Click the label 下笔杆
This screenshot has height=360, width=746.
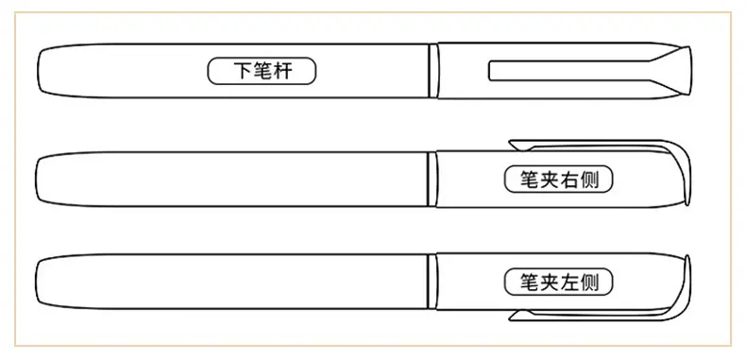click(262, 71)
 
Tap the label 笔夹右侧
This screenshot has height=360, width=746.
click(558, 180)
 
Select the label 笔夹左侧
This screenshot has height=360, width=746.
click(558, 283)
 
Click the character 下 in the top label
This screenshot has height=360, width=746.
click(242, 72)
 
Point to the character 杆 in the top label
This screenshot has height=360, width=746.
click(282, 72)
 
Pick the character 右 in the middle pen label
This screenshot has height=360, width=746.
click(569, 180)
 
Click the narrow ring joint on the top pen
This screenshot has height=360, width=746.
click(432, 71)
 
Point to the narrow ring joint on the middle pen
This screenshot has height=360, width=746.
click(432, 179)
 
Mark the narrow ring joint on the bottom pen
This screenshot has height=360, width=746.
click(432, 282)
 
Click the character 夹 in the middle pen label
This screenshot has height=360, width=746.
click(549, 180)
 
